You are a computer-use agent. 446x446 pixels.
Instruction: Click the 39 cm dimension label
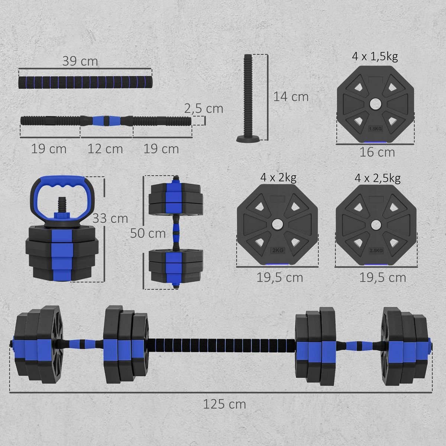click(x=80, y=61)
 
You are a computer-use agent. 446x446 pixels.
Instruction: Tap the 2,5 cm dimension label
click(x=204, y=109)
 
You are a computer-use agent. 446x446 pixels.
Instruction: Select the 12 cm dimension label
click(x=105, y=149)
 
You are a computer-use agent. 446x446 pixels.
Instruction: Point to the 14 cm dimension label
click(x=291, y=97)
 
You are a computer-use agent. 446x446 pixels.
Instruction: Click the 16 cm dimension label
click(x=377, y=152)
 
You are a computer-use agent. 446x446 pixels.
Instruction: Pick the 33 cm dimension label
click(x=110, y=218)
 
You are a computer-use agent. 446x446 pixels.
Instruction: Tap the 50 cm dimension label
click(x=148, y=233)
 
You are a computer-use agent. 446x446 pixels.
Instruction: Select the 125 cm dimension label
click(x=224, y=404)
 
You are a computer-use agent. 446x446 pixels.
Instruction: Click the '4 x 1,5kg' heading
click(x=375, y=57)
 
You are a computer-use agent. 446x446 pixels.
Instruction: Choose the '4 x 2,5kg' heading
click(x=377, y=178)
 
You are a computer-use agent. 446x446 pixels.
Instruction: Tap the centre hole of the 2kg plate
click(x=277, y=224)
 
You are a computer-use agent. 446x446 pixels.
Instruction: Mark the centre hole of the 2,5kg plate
click(x=376, y=224)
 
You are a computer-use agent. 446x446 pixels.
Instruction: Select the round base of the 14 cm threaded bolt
click(x=247, y=139)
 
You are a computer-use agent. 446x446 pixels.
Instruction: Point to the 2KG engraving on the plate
click(x=278, y=250)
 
